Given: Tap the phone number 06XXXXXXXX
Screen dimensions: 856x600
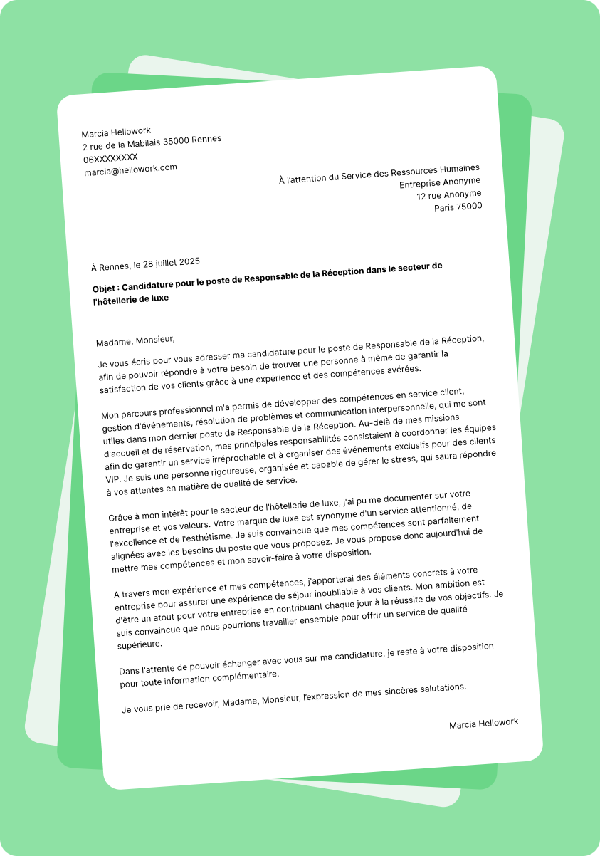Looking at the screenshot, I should tap(110, 157).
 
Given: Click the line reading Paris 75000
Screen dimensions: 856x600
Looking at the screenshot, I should tap(458, 207).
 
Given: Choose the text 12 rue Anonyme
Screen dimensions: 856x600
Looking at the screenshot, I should tap(448, 194).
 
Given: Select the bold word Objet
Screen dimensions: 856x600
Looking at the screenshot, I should tap(106, 288).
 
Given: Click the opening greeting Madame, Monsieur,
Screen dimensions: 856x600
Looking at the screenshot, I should tap(135, 340).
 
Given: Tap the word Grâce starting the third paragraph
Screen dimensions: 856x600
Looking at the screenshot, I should tap(121, 517).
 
